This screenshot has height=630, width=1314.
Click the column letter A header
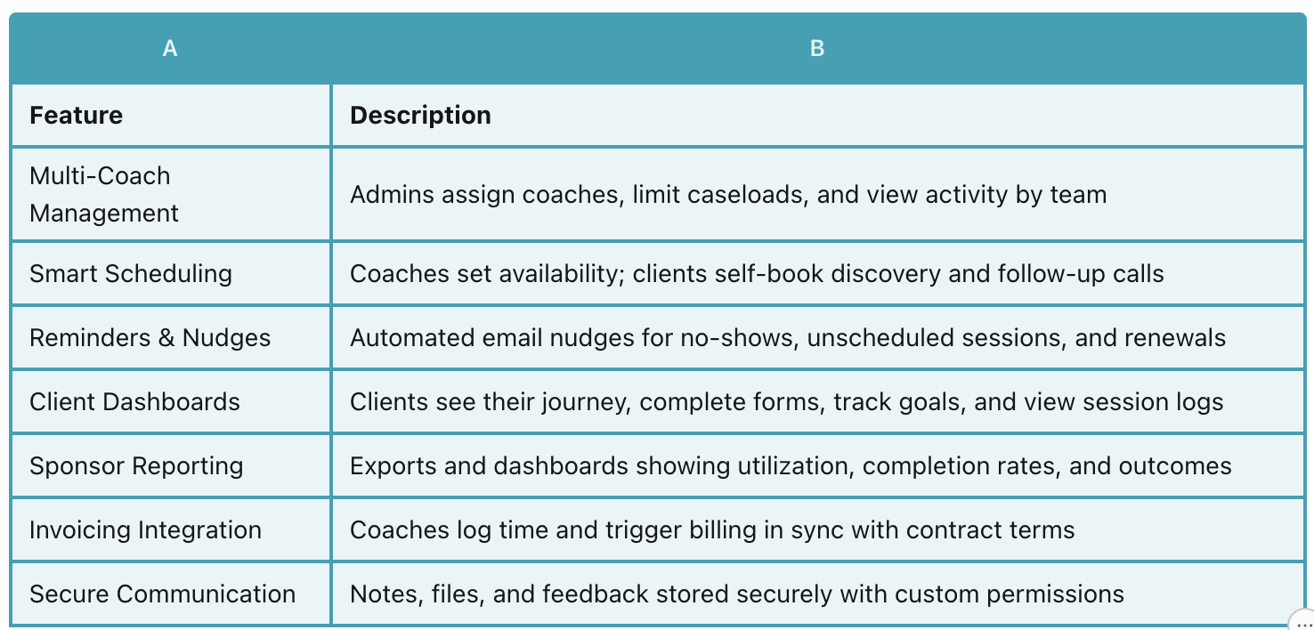click(x=170, y=49)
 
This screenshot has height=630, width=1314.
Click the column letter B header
click(x=817, y=49)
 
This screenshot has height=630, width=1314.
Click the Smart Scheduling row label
click(x=131, y=273)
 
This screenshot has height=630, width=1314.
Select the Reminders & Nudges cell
click(x=150, y=337)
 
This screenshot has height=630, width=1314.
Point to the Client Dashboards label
click(x=134, y=401)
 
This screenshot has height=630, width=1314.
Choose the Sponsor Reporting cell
click(x=136, y=465)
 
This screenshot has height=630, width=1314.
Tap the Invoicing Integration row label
click(x=145, y=530)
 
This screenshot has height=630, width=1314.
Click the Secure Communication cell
click(x=162, y=594)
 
